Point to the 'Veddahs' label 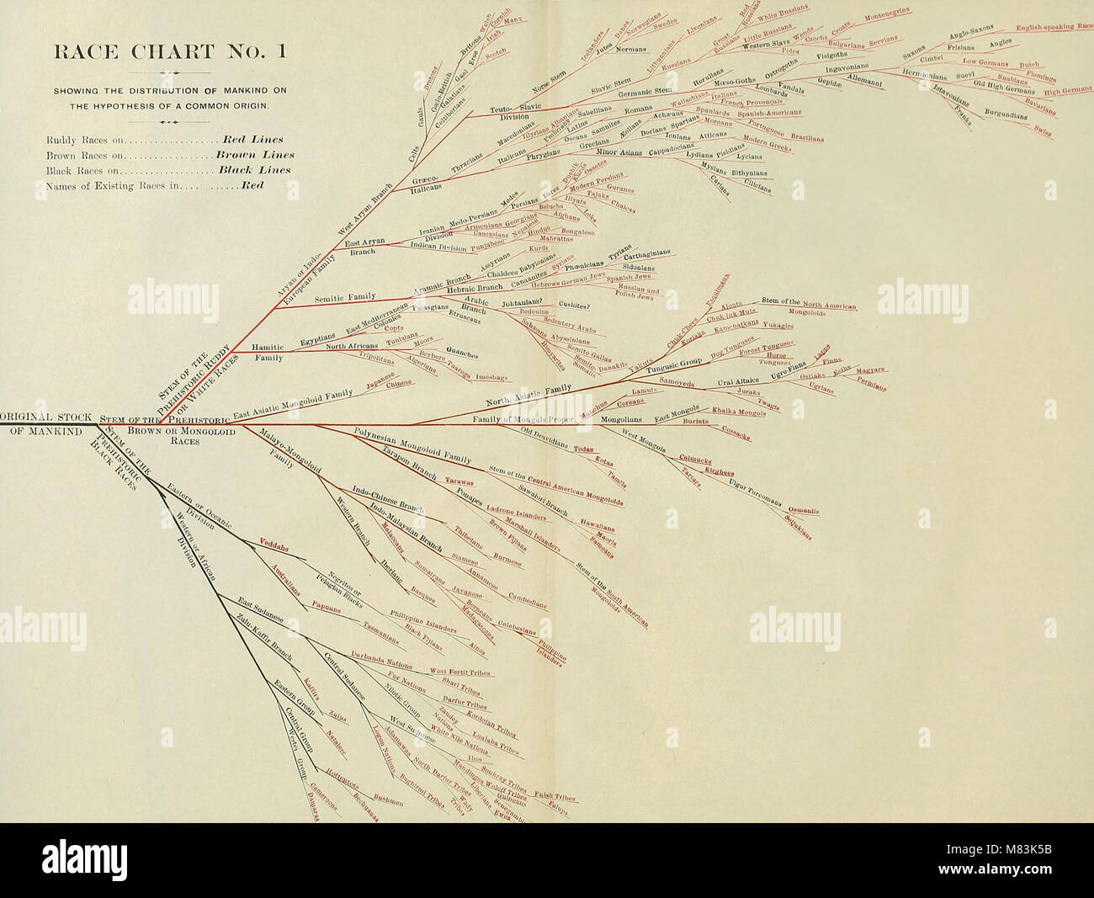(274, 545)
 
